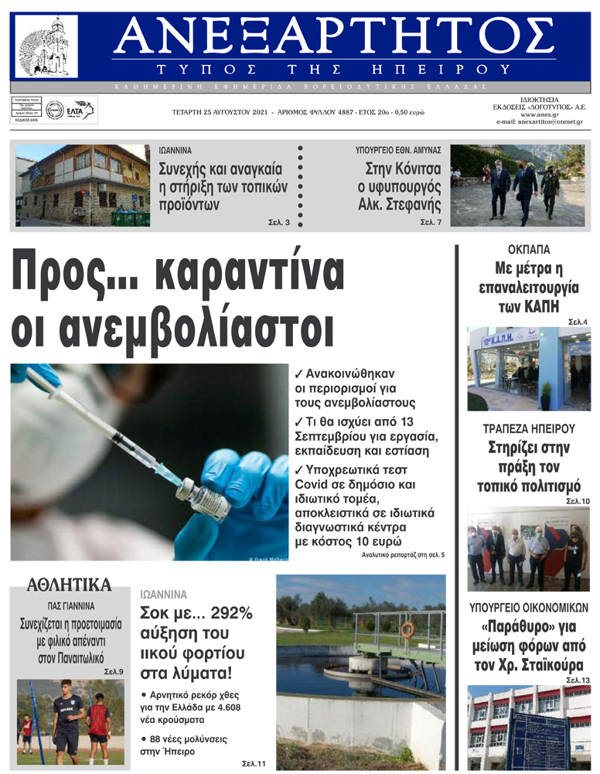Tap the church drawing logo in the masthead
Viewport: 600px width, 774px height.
[46, 46]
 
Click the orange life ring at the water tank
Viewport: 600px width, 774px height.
[407, 630]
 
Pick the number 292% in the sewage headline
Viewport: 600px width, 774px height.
[227, 614]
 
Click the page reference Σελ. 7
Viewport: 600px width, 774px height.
[431, 222]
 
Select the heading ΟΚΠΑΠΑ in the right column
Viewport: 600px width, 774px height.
[529, 250]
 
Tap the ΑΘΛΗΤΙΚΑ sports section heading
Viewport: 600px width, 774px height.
[70, 585]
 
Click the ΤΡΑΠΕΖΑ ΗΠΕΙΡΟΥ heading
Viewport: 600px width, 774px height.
[529, 428]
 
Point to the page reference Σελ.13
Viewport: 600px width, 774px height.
[578, 680]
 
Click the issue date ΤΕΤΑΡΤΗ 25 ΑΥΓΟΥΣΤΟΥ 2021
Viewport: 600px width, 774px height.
[220, 112]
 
